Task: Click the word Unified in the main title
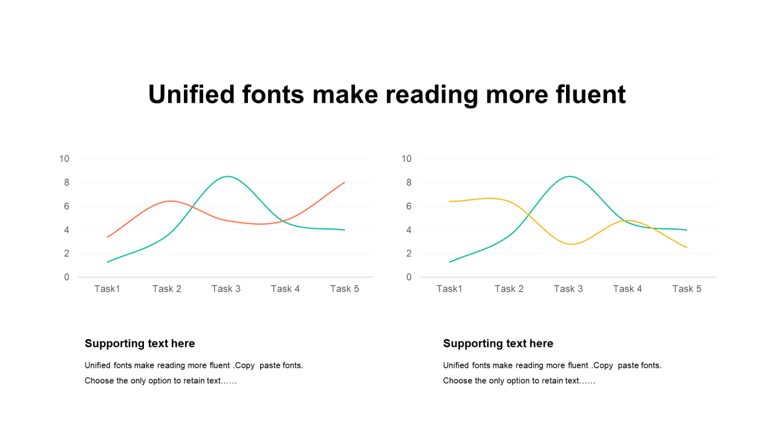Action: click(x=192, y=94)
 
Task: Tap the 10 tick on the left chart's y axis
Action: click(x=64, y=159)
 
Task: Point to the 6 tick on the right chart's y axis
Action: click(x=409, y=206)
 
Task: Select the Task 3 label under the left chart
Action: click(x=226, y=289)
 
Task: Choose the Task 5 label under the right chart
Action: click(x=686, y=289)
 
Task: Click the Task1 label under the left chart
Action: click(x=107, y=289)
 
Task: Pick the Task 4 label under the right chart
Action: click(x=628, y=289)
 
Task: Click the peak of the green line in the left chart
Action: click(x=227, y=176)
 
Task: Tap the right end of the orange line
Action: click(x=345, y=182)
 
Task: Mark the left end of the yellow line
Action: click(x=449, y=201)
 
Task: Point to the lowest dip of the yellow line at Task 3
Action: click(x=571, y=244)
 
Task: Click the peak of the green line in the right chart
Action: click(x=569, y=176)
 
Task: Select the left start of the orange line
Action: click(x=108, y=237)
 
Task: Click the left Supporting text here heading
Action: click(x=140, y=344)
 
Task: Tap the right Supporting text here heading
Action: click(x=498, y=344)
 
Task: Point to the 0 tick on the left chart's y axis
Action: click(x=67, y=277)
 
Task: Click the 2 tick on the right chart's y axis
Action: click(x=409, y=253)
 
